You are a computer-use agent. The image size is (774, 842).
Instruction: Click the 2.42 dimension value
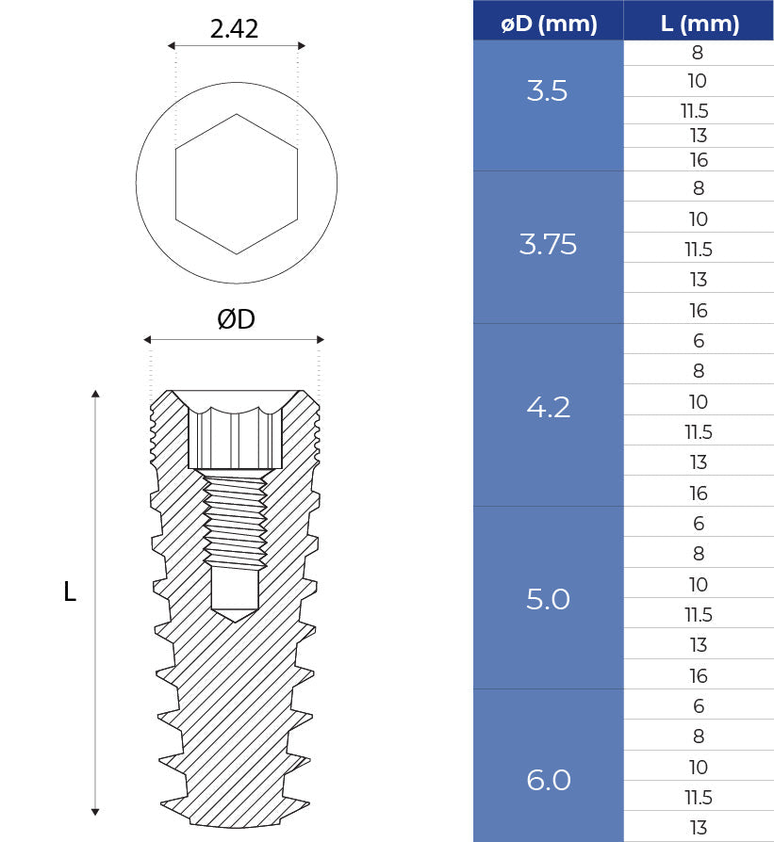point(234,29)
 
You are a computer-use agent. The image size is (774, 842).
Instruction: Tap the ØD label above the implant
point(236,320)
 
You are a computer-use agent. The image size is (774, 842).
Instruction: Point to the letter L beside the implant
point(69,592)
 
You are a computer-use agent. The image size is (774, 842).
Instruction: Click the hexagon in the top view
point(236,185)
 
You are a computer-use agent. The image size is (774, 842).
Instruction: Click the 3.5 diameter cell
point(548,92)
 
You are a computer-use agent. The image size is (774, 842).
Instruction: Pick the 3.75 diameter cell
point(548,246)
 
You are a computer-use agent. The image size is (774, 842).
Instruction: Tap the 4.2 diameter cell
point(548,409)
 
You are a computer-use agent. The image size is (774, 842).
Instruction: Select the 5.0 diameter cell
point(548,600)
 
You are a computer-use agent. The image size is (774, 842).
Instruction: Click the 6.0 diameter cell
point(548,781)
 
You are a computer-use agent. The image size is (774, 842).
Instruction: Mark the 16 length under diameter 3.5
point(699,161)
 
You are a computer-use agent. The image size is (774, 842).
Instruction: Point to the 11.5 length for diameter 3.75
point(699,250)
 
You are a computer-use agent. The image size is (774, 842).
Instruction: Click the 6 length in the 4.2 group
point(699,341)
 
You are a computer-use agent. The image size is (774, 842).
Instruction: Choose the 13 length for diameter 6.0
point(699,828)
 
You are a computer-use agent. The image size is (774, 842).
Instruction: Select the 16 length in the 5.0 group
point(699,676)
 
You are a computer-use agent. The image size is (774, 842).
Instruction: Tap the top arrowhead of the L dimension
point(95,395)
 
